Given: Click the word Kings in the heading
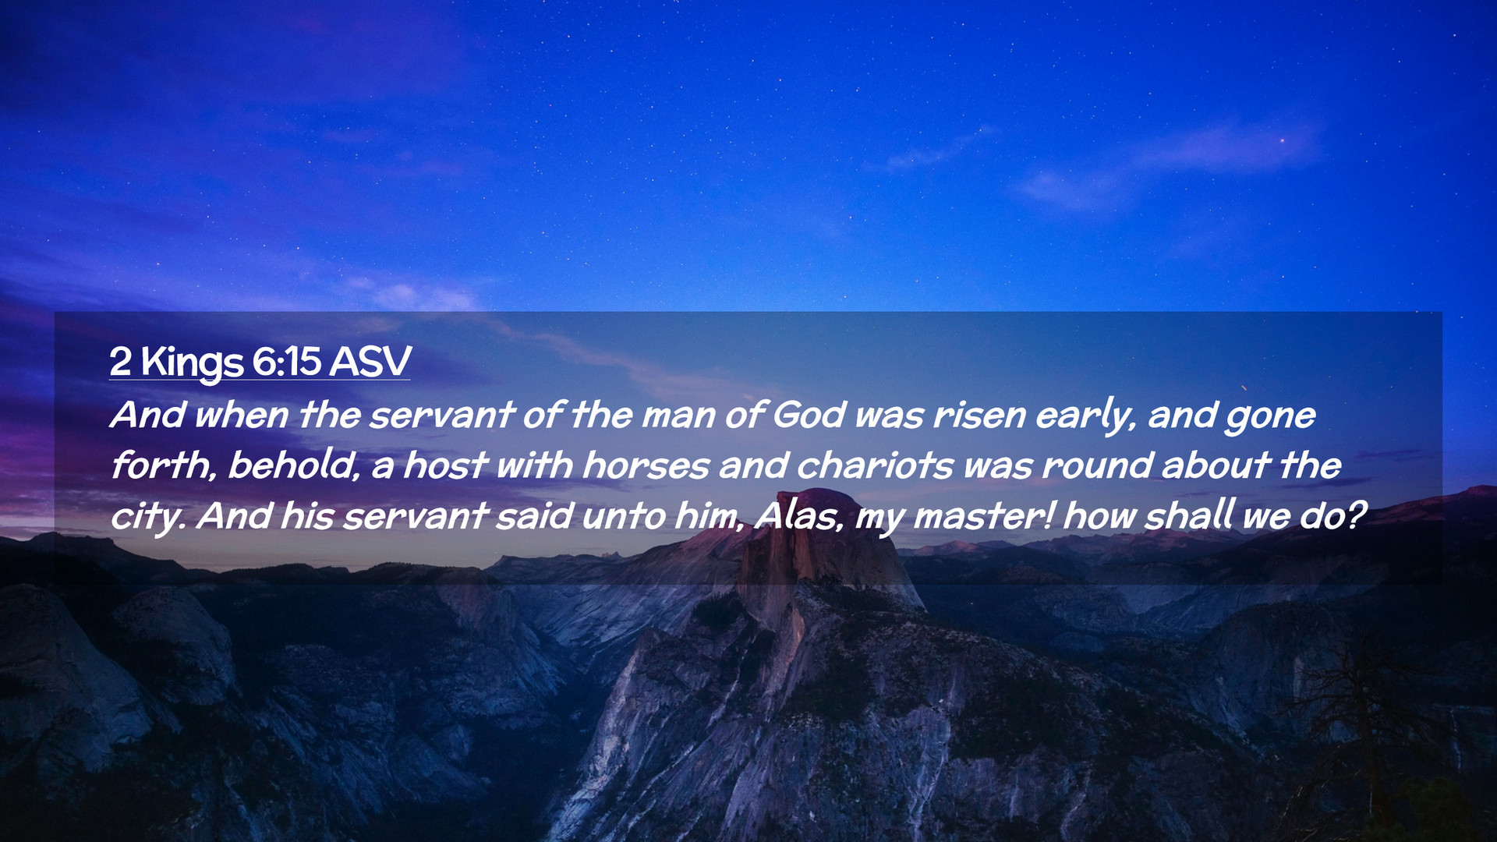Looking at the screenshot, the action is point(192,363).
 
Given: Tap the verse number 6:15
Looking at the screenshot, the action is point(286,361).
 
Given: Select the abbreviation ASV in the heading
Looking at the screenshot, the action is point(370,361).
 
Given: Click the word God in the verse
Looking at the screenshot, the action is point(809,415).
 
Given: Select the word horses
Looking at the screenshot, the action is point(646,465).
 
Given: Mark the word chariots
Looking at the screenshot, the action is point(875,465).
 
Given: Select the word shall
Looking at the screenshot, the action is point(1188,515).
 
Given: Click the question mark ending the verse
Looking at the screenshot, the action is point(1356,515).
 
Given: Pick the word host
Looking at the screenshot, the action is point(445,465).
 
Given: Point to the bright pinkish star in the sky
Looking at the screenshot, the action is point(1282,140).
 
